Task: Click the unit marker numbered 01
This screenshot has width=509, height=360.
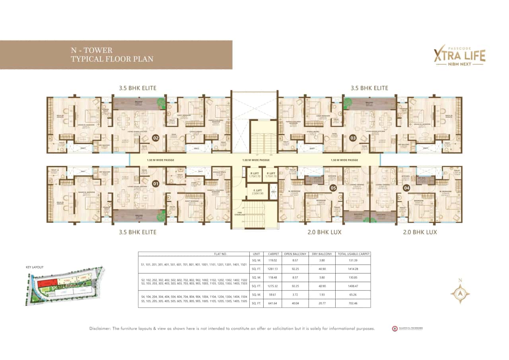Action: [155, 184]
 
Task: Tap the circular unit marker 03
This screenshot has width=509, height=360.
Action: [352, 138]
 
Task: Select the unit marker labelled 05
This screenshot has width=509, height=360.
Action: [333, 187]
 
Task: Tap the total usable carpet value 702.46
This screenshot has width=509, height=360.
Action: [353, 303]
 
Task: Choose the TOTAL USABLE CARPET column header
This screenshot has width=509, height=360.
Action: [353, 254]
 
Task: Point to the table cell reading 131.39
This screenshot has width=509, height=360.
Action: [353, 260]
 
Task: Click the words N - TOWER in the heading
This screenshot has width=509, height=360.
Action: [91, 51]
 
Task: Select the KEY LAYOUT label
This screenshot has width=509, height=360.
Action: [35, 267]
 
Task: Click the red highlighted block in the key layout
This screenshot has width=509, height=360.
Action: [47, 282]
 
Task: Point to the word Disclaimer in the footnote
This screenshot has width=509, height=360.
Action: [100, 329]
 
